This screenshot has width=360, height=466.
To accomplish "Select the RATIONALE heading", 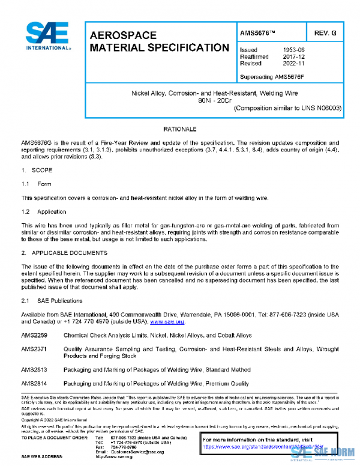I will pyautogui.click(x=180, y=130).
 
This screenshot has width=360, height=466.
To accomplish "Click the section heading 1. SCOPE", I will pyautogui.click(x=37, y=171).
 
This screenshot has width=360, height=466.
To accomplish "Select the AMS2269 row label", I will pyautogui.click(x=34, y=336).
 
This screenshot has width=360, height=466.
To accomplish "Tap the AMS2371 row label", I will pyautogui.click(x=34, y=349).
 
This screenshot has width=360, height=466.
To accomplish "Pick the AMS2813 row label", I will pyautogui.click(x=34, y=370).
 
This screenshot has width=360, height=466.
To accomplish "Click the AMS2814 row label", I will pyautogui.click(x=34, y=383).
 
